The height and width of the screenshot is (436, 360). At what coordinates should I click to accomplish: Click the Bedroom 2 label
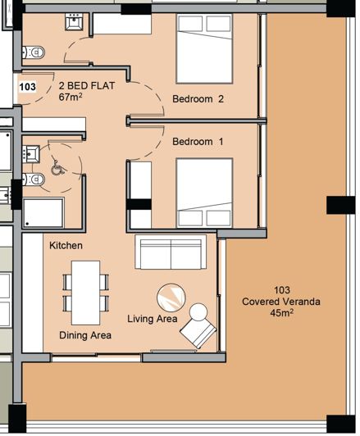[x=198, y=99]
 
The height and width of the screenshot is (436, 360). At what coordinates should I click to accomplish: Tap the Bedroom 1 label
[x=198, y=141]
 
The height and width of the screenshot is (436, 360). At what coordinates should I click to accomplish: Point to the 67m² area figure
[x=73, y=97]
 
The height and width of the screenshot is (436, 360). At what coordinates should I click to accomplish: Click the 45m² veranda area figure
[x=282, y=312]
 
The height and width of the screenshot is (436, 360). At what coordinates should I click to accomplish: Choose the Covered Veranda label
[x=282, y=301]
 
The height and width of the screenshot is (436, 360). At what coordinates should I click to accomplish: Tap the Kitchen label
[x=66, y=245]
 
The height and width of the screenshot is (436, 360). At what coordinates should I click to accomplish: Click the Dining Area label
[x=85, y=335]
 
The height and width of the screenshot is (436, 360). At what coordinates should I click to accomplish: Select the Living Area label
[x=153, y=318]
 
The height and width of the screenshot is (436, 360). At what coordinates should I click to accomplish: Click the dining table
[x=85, y=292]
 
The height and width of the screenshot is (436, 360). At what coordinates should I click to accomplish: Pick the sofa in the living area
[x=171, y=253]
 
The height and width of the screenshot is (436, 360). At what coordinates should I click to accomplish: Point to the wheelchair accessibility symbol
[x=57, y=166]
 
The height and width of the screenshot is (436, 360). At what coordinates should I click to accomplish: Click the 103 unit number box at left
[x=26, y=85]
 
